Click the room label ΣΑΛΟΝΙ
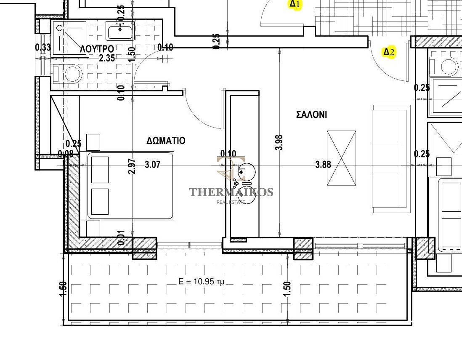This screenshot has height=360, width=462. click(x=311, y=115)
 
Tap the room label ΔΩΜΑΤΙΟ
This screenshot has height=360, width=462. click(x=166, y=140)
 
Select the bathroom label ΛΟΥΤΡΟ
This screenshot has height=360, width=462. click(x=97, y=49)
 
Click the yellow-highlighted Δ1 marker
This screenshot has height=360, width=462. click(x=295, y=4)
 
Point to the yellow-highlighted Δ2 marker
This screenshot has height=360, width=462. click(x=389, y=52)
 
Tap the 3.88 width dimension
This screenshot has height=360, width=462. click(x=323, y=164)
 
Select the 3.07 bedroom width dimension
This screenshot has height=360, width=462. click(x=153, y=164)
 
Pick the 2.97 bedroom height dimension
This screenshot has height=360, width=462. click(x=132, y=166)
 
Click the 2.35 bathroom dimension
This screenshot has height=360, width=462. click(x=107, y=58)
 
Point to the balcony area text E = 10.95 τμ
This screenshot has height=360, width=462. click(x=201, y=282)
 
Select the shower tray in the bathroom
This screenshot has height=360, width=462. click(x=70, y=39)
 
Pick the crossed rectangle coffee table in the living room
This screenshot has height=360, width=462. click(x=342, y=158)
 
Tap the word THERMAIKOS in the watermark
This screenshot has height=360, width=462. click(x=231, y=192)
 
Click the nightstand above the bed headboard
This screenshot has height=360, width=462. click(x=93, y=142)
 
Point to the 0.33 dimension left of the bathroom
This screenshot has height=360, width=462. click(x=43, y=47)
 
